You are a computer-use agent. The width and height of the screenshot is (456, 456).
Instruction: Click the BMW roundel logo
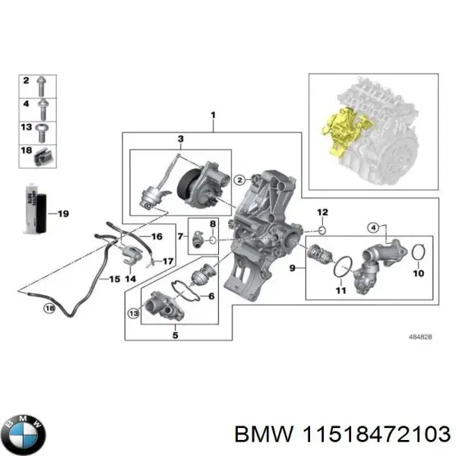click(x=26, y=435)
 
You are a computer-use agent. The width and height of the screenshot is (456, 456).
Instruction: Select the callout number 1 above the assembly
click(x=213, y=116)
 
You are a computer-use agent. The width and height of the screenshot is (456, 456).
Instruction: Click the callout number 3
click(x=180, y=139)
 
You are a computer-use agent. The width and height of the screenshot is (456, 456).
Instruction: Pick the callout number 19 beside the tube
click(x=63, y=214)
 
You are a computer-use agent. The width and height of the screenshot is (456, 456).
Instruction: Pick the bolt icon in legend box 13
click(x=45, y=128)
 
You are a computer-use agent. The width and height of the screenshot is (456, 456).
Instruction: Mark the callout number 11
click(x=340, y=290)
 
